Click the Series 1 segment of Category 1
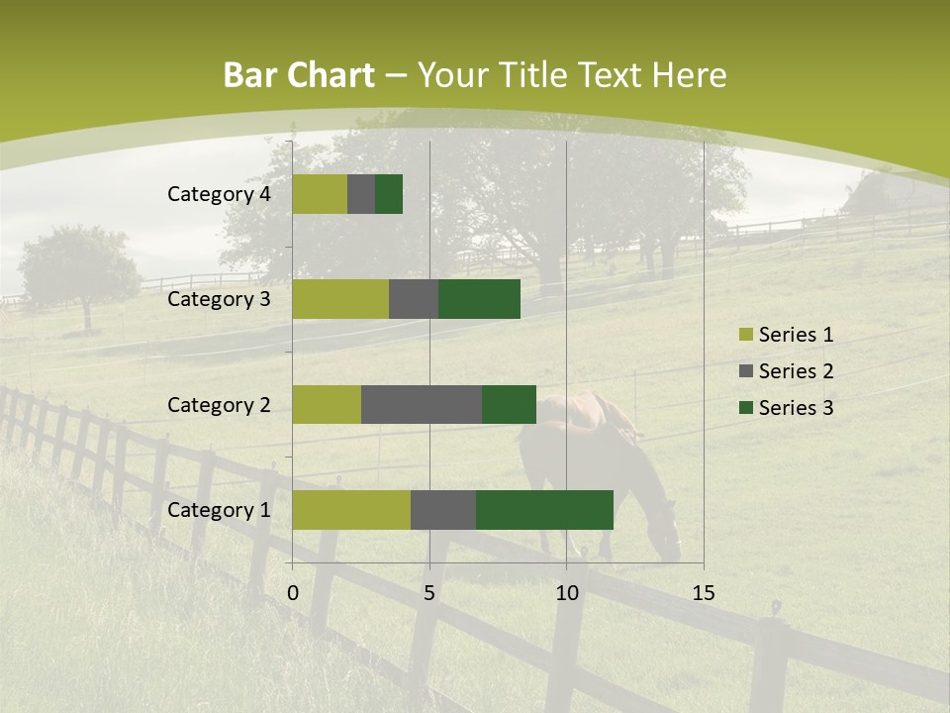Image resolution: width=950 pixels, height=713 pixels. (x=351, y=510)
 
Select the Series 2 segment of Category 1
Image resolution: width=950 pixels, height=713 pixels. (x=443, y=510)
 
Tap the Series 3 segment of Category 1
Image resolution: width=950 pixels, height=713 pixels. (x=544, y=510)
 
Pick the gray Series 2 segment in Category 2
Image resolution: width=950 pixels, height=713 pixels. (x=422, y=404)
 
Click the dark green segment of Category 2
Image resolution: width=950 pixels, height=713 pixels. (x=509, y=404)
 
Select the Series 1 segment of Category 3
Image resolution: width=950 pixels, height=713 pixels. (x=340, y=299)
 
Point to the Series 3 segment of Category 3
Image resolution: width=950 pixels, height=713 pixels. (x=479, y=299)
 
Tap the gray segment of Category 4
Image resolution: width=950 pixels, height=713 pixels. (x=361, y=194)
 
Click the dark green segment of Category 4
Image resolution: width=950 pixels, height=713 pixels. (x=389, y=194)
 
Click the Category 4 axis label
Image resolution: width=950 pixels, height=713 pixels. (x=219, y=194)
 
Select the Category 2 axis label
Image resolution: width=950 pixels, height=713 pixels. (x=219, y=404)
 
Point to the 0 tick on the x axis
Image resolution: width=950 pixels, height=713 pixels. (x=293, y=593)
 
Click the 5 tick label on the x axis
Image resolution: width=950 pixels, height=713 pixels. (x=429, y=593)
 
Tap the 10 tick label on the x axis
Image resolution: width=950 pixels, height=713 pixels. (x=566, y=593)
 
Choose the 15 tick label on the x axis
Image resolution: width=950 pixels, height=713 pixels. (x=704, y=593)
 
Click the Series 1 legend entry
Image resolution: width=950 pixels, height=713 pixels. (x=787, y=335)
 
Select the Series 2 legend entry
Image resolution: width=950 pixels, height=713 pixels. (x=787, y=371)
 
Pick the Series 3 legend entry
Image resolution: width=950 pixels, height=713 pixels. (x=787, y=408)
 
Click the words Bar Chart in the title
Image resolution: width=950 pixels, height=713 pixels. (x=299, y=75)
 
